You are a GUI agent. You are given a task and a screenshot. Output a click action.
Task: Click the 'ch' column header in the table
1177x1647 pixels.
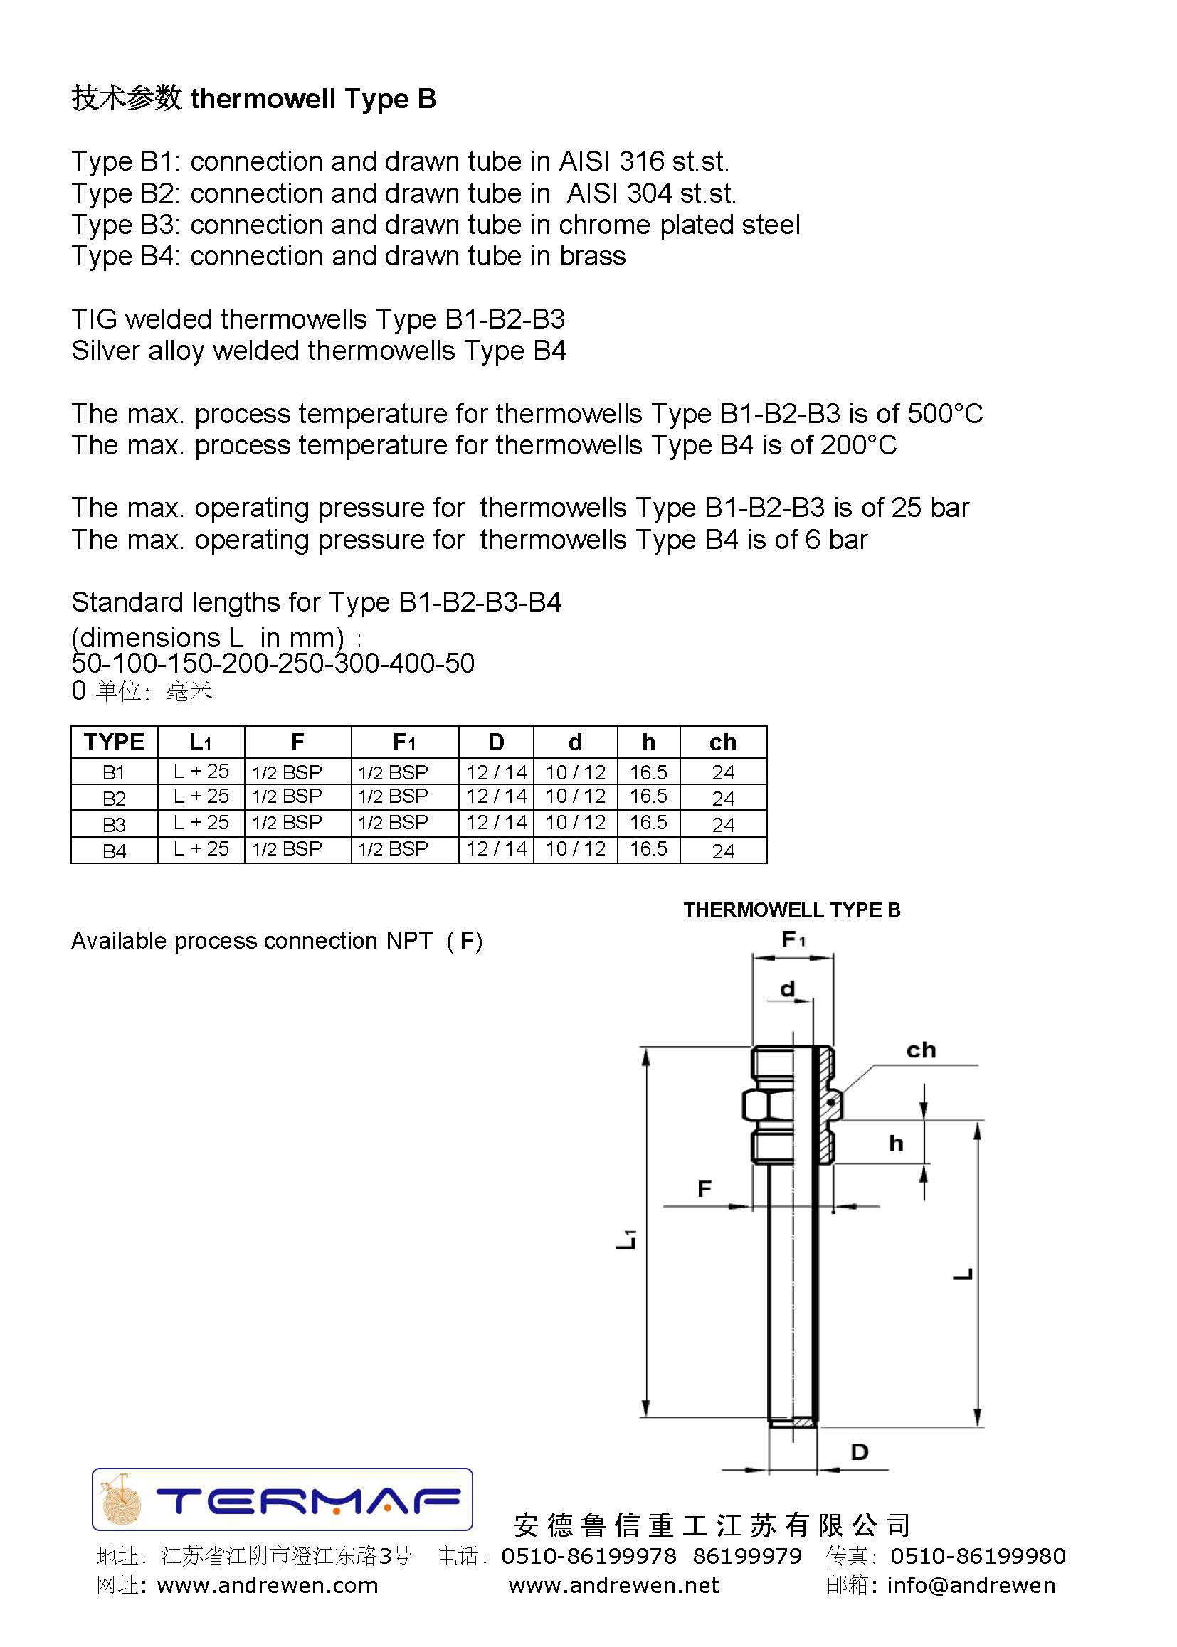pos(722,742)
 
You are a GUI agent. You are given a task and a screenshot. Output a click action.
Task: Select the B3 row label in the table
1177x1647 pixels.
pos(114,824)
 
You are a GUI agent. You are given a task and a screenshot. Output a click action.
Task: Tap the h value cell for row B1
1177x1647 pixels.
pos(648,772)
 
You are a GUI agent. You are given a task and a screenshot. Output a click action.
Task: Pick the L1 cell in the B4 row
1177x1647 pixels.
pos(201,849)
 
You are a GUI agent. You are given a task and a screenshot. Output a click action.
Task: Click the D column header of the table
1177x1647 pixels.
pos(496,742)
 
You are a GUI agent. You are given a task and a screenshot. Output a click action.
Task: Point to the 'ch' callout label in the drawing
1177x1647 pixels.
pos(920,1050)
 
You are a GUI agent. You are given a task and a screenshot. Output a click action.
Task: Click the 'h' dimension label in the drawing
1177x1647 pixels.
pos(896,1144)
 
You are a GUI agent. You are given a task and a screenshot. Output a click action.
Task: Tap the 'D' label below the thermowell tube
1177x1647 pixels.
pos(859,1451)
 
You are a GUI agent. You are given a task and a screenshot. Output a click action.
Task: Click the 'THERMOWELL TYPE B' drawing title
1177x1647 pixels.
pos(791,910)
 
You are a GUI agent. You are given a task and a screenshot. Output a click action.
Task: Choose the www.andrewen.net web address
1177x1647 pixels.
pos(613,1585)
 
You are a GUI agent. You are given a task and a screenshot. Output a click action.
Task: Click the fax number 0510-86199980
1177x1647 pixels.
pos(978,1556)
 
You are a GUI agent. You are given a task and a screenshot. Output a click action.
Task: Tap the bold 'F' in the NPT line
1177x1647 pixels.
pos(467,941)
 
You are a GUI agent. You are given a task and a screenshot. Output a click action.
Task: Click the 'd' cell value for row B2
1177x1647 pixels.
pos(575,796)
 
